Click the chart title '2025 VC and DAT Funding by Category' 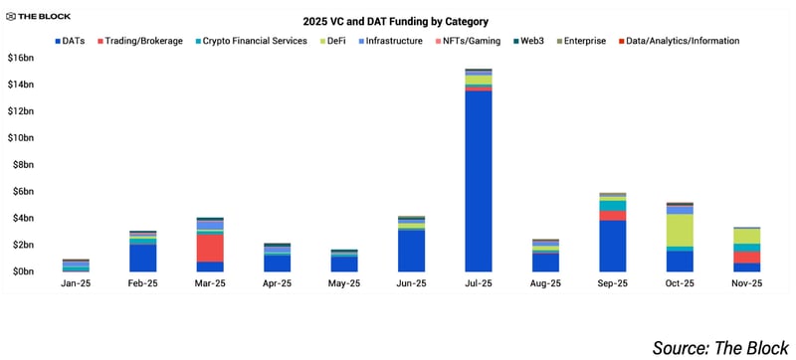pyautogui.click(x=396, y=21)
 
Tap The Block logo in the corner pyautogui.click(x=37, y=16)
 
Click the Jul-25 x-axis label pyautogui.click(x=479, y=283)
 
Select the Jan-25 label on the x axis pyautogui.click(x=76, y=283)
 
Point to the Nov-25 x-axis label pyautogui.click(x=747, y=283)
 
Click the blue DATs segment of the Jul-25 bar pyautogui.click(x=479, y=179)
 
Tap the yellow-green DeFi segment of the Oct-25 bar pyautogui.click(x=680, y=230)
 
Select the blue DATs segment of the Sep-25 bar pyautogui.click(x=613, y=246)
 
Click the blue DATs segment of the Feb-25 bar pyautogui.click(x=142, y=258)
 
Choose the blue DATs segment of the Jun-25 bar pyautogui.click(x=411, y=251)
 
